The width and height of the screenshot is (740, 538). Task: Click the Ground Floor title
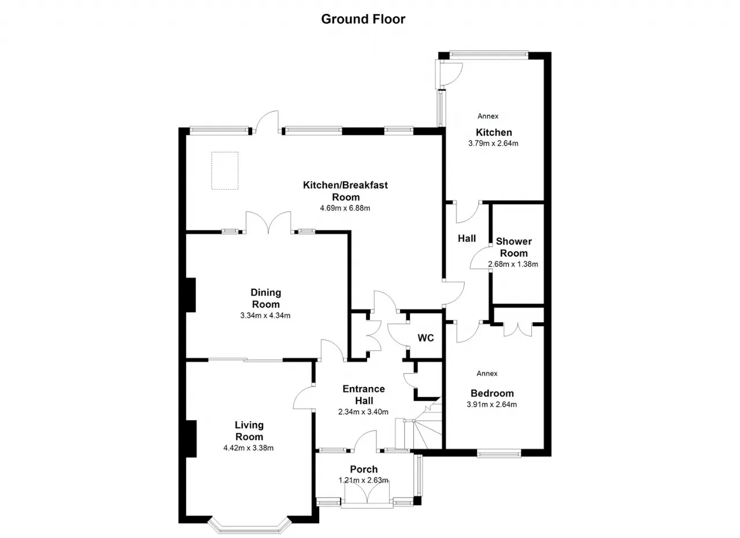(363, 19)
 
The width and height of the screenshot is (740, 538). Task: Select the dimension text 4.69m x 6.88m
(345, 208)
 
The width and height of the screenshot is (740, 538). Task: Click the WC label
(425, 338)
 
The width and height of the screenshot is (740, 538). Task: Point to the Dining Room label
(265, 298)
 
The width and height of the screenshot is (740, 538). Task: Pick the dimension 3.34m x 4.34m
(265, 316)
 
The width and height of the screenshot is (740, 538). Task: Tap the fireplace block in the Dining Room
(191, 295)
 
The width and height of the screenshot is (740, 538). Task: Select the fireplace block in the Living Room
(191, 439)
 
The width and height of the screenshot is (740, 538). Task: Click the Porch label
(364, 469)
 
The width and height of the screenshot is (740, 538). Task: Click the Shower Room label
(514, 247)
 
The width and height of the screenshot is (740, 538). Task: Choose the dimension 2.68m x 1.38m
(513, 264)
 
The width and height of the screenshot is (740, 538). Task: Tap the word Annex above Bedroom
(487, 374)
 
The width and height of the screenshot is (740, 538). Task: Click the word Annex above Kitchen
(488, 116)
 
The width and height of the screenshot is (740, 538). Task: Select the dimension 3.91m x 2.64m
(491, 404)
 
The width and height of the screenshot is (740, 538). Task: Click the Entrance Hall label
(364, 395)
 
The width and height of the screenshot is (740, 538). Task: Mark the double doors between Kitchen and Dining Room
(269, 222)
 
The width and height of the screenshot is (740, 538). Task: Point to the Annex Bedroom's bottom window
(499, 454)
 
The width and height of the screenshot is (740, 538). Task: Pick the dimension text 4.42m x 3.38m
(249, 448)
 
